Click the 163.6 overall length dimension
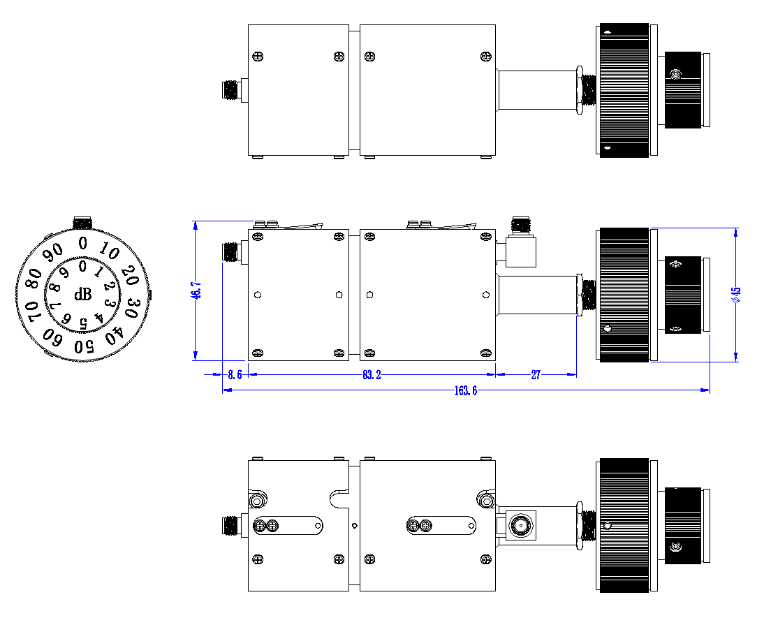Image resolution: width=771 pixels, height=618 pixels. tap(466, 390)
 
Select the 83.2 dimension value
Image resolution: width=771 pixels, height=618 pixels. tap(372, 374)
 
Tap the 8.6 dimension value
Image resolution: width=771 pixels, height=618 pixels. tap(235, 374)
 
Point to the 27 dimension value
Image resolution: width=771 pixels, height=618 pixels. tap(536, 374)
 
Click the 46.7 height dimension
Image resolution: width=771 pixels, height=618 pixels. tap(196, 290)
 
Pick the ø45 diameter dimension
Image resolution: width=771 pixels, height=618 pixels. tap(736, 295)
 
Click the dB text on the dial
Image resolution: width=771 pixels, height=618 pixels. tap(82, 294)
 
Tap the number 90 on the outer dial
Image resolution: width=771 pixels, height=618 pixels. tap(52, 252)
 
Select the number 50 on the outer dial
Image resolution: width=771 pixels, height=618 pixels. tap(84, 346)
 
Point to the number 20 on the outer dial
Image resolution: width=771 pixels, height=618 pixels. tap(131, 275)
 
